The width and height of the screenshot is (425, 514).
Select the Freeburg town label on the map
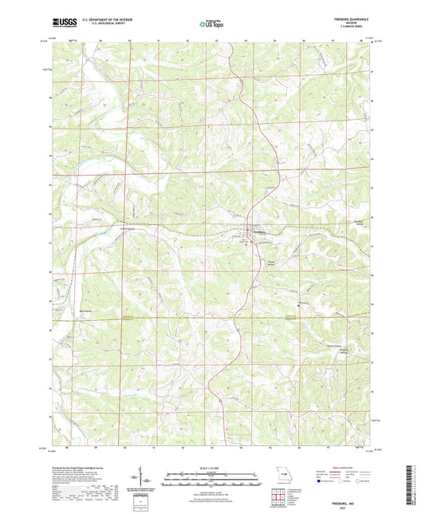259,232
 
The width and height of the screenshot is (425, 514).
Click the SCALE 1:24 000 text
211,468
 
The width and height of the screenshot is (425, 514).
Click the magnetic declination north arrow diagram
136,484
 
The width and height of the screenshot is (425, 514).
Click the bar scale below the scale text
211,480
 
